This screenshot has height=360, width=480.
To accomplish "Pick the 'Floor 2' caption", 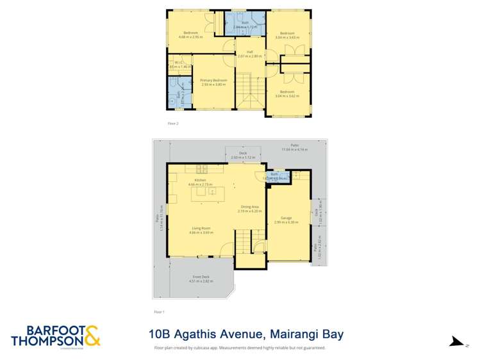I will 172,123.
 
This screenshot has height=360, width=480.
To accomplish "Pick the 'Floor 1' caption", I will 159,312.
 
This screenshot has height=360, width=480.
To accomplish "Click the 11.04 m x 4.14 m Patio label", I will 294,147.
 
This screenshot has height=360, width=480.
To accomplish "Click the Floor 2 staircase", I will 249,90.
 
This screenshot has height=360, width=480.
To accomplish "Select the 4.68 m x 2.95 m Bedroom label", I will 190,35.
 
